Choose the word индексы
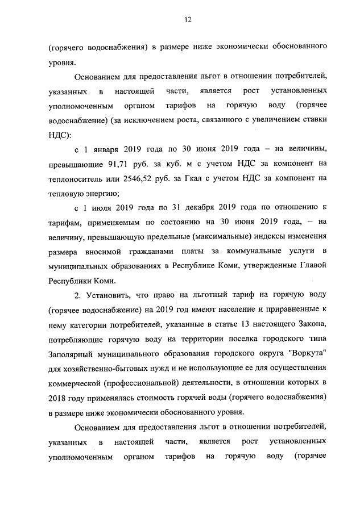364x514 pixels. [x=255, y=235]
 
